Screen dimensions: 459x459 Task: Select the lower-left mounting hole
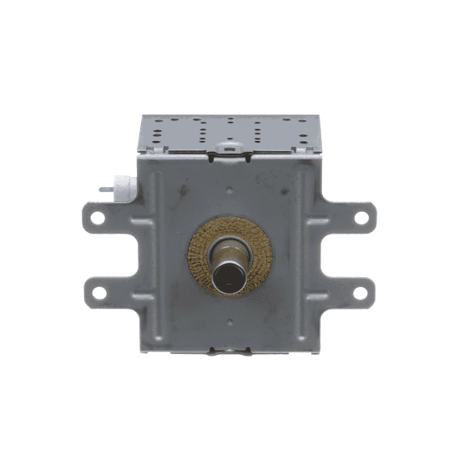98,293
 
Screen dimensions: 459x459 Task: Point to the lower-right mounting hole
361,293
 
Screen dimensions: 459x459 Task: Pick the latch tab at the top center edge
229,152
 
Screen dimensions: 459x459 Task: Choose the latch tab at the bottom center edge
229,351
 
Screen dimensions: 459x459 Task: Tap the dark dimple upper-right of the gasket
285,193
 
